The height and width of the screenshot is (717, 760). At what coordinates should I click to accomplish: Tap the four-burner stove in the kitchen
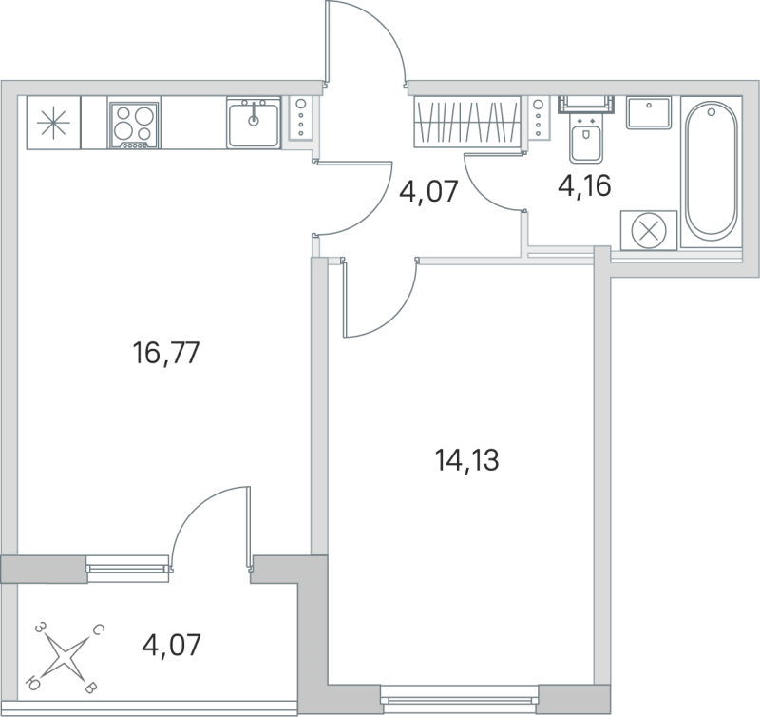[x=133, y=123]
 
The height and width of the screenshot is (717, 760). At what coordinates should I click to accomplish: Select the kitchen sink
[x=254, y=122]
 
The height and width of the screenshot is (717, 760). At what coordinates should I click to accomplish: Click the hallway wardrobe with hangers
[x=468, y=121]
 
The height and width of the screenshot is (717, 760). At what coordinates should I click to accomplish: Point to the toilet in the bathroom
[x=586, y=138]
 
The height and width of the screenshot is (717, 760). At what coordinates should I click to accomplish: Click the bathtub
[x=712, y=171]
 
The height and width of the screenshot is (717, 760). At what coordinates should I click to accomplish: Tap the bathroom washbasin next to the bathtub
[x=650, y=111]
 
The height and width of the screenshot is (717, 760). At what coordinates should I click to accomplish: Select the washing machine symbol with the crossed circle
[x=648, y=230]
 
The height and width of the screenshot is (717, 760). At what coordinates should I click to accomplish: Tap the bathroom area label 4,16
[x=584, y=184]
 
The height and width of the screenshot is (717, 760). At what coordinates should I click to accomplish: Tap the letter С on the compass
[x=98, y=630]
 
